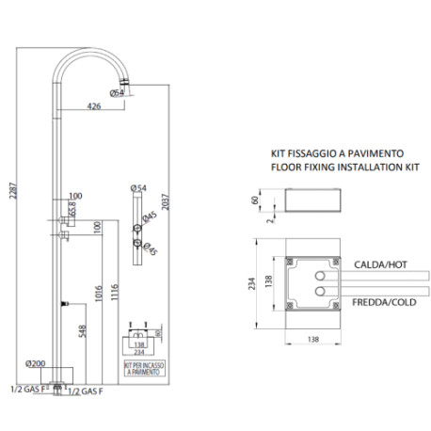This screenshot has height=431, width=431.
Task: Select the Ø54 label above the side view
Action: [x=139, y=189]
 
